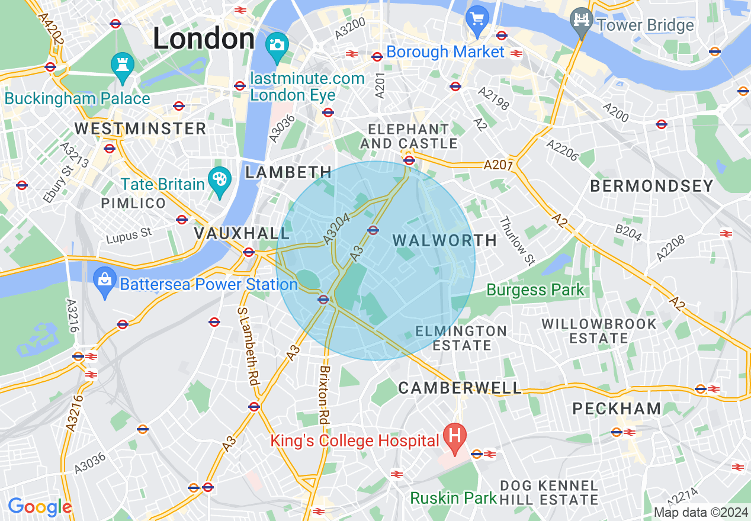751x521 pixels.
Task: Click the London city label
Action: pyautogui.click(x=204, y=39)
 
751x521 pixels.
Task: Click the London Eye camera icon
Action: pyautogui.click(x=277, y=45)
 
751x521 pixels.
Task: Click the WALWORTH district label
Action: pyautogui.click(x=445, y=240)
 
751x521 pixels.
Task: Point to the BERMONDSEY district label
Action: pyautogui.click(x=651, y=186)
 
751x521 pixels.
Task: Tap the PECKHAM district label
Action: pyautogui.click(x=617, y=409)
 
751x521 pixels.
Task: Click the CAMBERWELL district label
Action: pyautogui.click(x=460, y=388)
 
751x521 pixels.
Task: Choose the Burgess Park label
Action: pyautogui.click(x=535, y=290)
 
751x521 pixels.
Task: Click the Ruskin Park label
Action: pyautogui.click(x=453, y=498)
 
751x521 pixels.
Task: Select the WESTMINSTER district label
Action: pyautogui.click(x=140, y=128)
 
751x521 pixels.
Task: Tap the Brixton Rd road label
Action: pyautogui.click(x=324, y=394)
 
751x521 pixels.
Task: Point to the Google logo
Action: pyautogui.click(x=40, y=507)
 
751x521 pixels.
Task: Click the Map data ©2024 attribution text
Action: pyautogui.click(x=700, y=512)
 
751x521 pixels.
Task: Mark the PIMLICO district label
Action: pyautogui.click(x=133, y=204)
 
